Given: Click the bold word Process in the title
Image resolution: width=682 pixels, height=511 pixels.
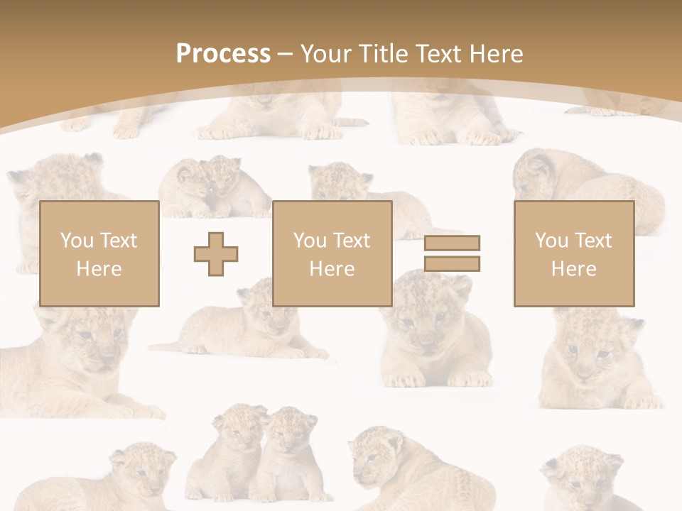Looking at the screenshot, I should (223, 54).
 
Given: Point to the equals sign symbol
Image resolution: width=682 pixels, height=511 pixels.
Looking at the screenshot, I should (452, 253).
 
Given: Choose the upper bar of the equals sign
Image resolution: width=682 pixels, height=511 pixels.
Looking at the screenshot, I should (452, 243).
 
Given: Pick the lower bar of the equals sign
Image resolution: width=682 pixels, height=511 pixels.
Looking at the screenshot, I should (452, 263).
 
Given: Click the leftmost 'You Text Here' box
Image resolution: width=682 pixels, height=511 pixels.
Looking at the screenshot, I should (99, 254).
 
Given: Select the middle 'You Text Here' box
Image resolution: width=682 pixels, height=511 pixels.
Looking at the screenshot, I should (332, 254).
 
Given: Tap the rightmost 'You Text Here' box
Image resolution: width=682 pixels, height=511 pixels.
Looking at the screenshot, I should (574, 254).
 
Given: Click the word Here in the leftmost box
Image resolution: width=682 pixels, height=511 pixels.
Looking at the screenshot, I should (99, 269).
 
